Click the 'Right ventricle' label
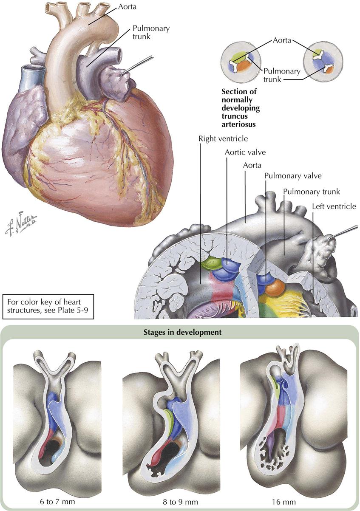point(223,138)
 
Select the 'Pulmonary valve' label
point(293,175)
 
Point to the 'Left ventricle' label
point(334,206)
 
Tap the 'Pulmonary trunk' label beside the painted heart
point(150,32)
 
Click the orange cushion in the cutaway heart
point(275,288)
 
